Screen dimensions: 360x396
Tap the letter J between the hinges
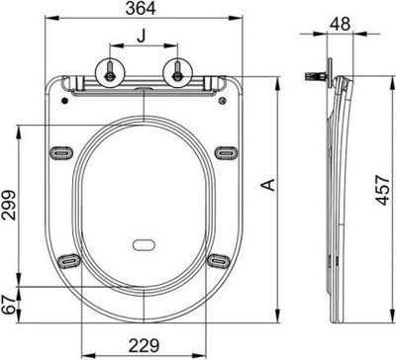(x=145, y=39)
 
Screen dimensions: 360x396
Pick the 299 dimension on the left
(x=8, y=205)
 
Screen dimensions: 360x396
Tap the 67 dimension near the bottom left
(x=8, y=306)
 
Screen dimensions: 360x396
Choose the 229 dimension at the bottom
(x=146, y=348)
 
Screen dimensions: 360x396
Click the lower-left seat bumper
(x=69, y=260)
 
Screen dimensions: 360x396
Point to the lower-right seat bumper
(x=219, y=260)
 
